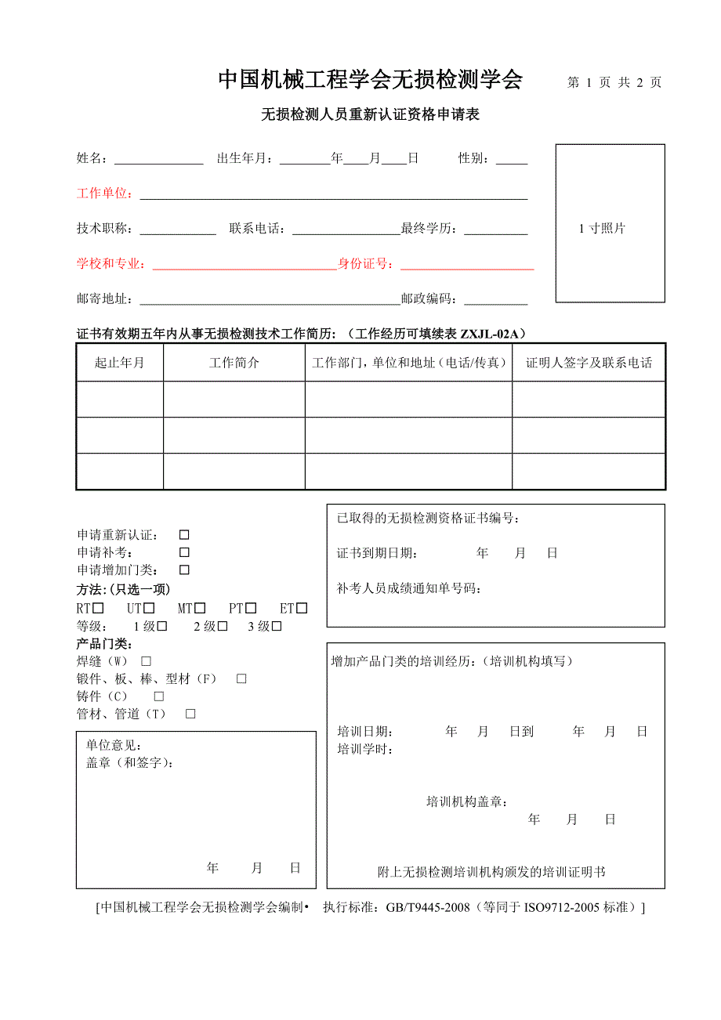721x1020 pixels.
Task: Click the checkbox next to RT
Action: point(99,608)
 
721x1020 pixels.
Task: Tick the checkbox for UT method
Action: point(149,608)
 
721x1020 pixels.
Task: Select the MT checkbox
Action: point(201,608)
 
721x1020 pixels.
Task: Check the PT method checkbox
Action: point(251,608)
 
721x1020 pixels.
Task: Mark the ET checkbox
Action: point(302,608)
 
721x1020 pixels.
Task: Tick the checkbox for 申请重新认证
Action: point(184,535)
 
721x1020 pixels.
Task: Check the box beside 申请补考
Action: point(184,552)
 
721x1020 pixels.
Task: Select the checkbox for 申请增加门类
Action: point(184,570)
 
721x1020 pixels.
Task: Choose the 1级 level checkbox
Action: point(162,626)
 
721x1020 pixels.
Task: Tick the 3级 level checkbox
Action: point(276,626)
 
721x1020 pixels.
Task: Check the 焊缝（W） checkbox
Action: point(146,661)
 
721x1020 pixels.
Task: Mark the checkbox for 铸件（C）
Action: point(159,696)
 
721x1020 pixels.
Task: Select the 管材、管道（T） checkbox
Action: point(190,714)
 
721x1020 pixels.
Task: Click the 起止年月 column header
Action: point(119,363)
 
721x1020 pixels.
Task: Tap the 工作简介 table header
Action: point(234,363)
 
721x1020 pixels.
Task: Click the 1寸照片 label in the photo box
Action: point(602,229)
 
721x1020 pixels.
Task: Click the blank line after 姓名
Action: point(159,159)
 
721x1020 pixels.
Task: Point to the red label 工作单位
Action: point(104,194)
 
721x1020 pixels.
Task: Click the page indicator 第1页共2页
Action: point(614,82)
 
